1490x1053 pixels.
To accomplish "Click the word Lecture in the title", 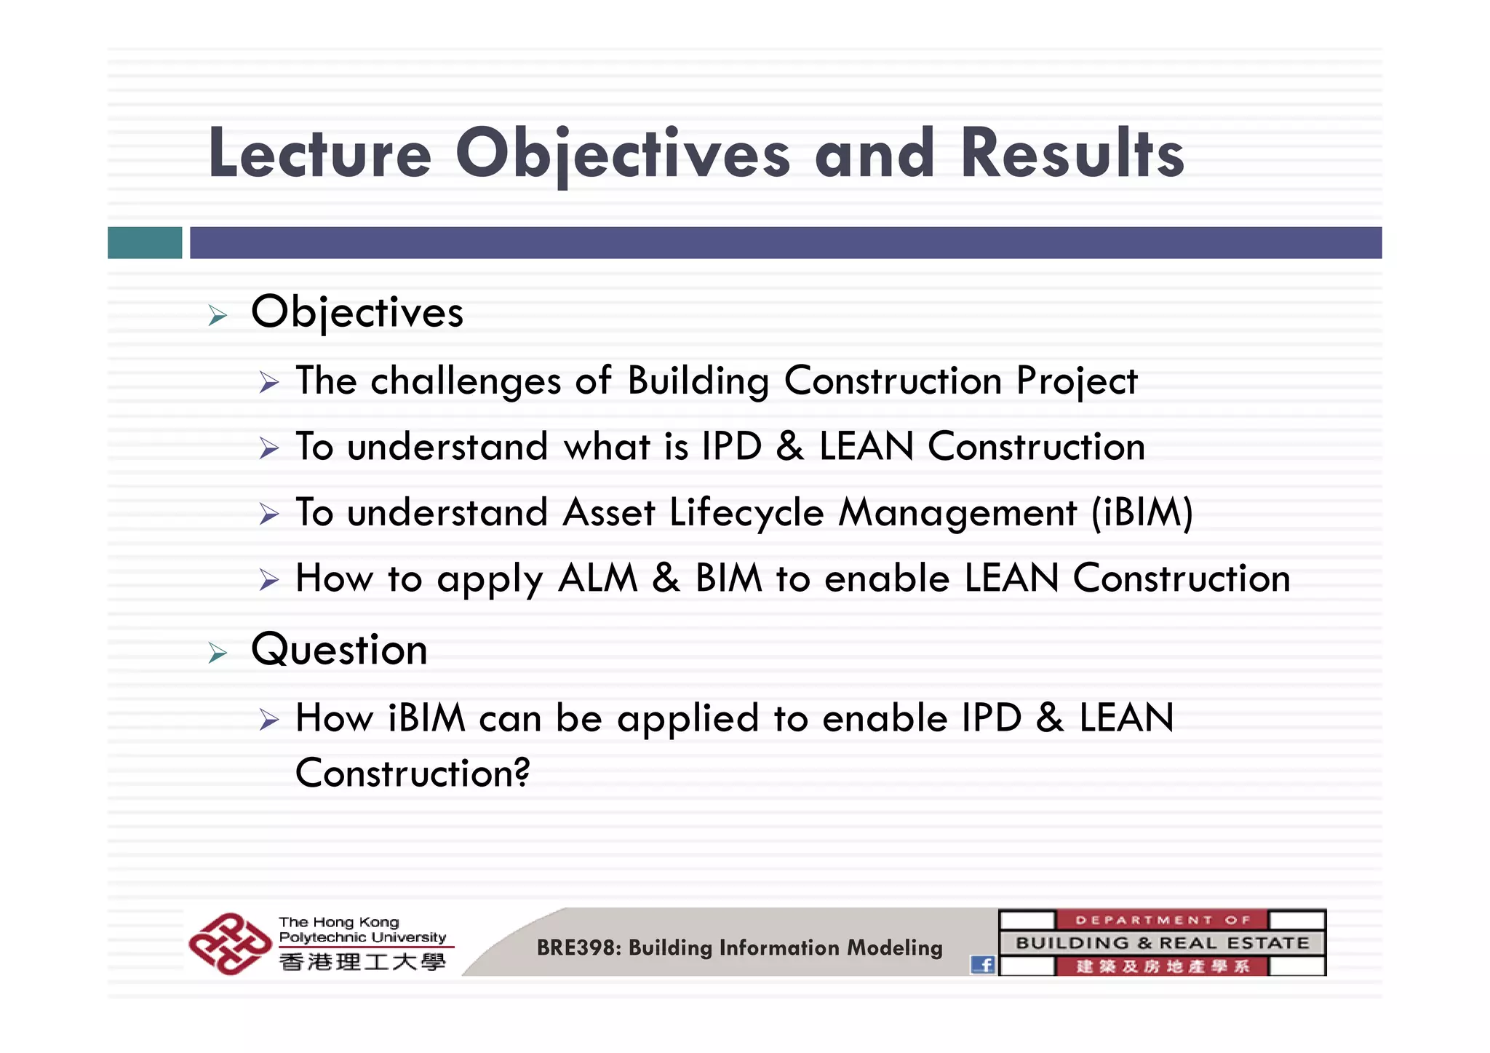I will [319, 154].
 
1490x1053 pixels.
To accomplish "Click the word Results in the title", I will [1072, 154].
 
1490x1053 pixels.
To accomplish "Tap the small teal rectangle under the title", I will [145, 242].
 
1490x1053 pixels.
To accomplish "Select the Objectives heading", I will [356, 313].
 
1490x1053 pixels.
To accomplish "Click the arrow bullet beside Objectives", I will [217, 316].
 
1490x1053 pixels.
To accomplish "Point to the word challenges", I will [465, 381].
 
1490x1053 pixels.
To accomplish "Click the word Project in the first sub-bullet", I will [1076, 381].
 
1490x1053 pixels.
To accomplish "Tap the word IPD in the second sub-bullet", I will [730, 446].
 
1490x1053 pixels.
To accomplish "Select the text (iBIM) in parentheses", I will [1142, 512].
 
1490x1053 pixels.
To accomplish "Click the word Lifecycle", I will [746, 512].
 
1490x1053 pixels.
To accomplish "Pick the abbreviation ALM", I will [597, 579].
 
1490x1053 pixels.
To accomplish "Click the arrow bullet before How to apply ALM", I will [268, 580].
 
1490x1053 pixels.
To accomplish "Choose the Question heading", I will [339, 649].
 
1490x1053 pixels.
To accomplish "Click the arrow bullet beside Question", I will [217, 653].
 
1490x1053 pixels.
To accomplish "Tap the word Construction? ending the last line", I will [413, 773].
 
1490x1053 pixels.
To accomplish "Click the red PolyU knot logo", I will [229, 943].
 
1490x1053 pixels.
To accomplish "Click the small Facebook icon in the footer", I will [983, 965].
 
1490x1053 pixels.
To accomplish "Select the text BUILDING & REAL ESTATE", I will [1162, 943].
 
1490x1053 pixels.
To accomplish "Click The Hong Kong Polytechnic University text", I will [362, 930].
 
